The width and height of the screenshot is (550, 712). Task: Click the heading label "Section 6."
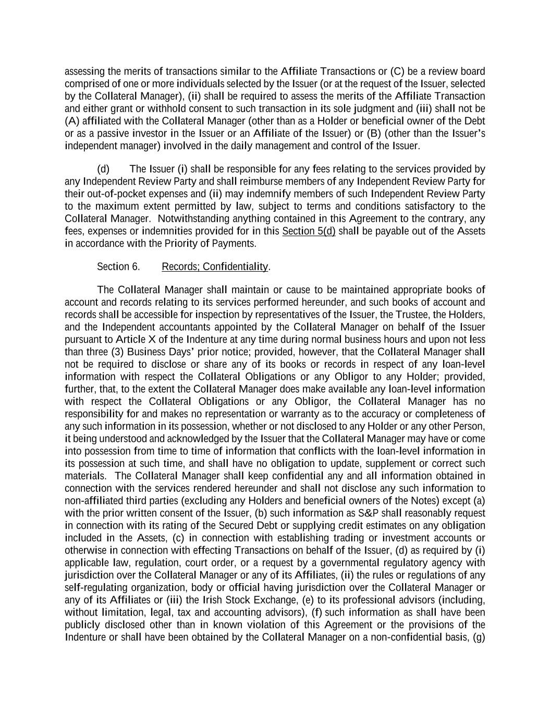pos(118,267)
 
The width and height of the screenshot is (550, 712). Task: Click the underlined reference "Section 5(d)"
pos(309,231)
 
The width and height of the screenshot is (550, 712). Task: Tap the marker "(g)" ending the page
pos(479,637)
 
